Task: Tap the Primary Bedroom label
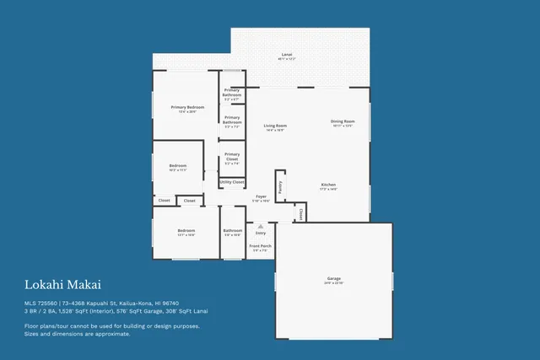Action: coord(187,108)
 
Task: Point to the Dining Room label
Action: coord(343,121)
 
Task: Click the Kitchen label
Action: coord(328,185)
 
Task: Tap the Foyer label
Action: coord(262,196)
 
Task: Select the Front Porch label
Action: coord(261,247)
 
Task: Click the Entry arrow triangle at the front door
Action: coord(261,226)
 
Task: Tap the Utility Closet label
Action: coord(232,182)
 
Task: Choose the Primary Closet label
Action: coord(232,157)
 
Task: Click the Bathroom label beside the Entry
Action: coord(233,230)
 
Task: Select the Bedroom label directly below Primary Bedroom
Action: coord(177,166)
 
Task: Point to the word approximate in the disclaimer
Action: coord(112,333)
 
